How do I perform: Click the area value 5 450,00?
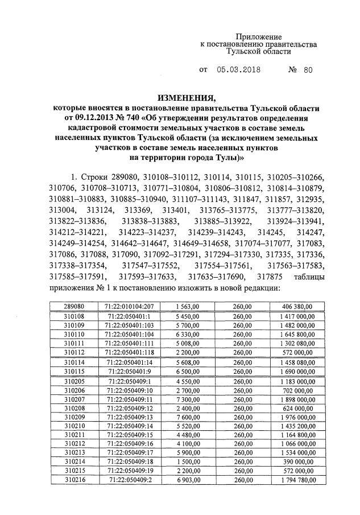coord(188,315)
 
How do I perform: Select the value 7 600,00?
coord(188,417)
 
